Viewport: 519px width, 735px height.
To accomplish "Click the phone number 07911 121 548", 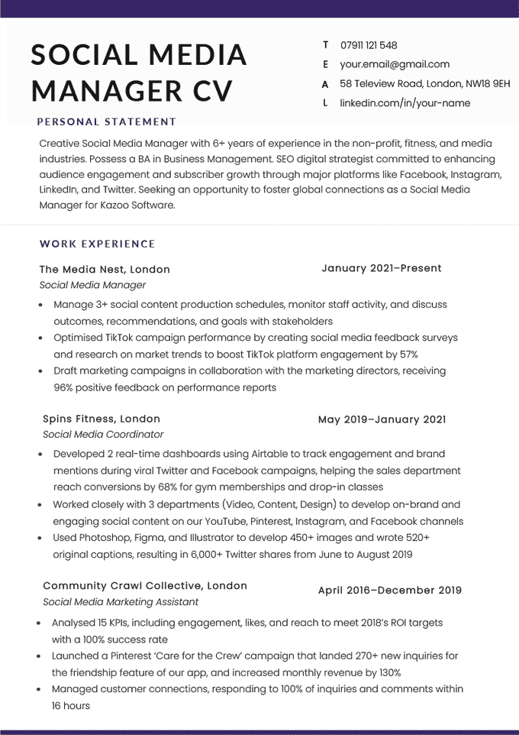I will point(369,45).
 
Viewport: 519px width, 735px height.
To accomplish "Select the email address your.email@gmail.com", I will point(395,64).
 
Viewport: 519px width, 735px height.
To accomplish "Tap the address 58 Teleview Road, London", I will point(424,83).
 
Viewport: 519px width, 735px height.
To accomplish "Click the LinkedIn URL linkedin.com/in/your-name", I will point(405,103).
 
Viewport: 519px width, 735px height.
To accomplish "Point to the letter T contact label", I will point(326,45).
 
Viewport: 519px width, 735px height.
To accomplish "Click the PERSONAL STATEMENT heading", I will point(107,121).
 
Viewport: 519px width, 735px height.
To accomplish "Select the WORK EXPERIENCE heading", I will point(98,244).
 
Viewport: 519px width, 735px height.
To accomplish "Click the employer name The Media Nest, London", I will point(105,269).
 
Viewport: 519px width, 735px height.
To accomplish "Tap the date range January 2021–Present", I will point(382,268).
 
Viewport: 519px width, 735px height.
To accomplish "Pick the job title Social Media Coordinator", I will point(103,434).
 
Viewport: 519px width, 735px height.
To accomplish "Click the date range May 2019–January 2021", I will point(382,419).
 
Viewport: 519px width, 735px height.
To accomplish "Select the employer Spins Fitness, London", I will point(102,419).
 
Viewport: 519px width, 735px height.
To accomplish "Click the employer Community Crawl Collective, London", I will point(145,585).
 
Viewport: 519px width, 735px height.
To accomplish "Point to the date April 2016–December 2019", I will point(389,590).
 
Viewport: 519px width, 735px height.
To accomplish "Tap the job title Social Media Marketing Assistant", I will point(121,601).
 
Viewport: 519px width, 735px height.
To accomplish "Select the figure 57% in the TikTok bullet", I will point(408,355).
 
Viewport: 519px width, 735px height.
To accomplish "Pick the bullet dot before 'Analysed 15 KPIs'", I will point(40,623).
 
